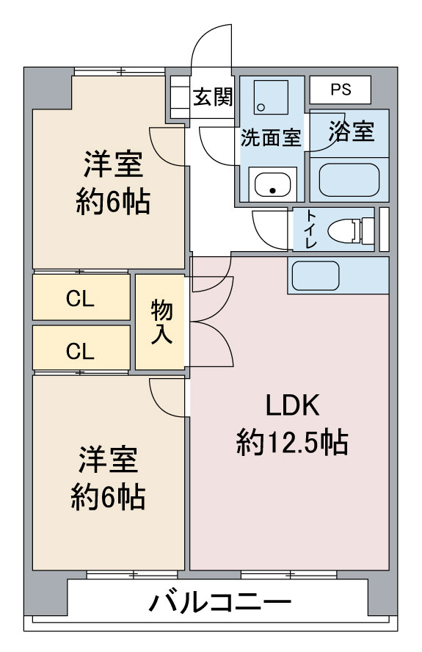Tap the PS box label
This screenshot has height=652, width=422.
(x=340, y=90)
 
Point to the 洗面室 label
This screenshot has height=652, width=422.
(x=271, y=137)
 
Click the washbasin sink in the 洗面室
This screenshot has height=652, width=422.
(x=273, y=184)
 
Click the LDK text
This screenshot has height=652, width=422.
(x=291, y=405)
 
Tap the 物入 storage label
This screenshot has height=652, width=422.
(x=161, y=322)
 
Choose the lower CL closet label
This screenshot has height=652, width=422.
(x=80, y=351)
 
